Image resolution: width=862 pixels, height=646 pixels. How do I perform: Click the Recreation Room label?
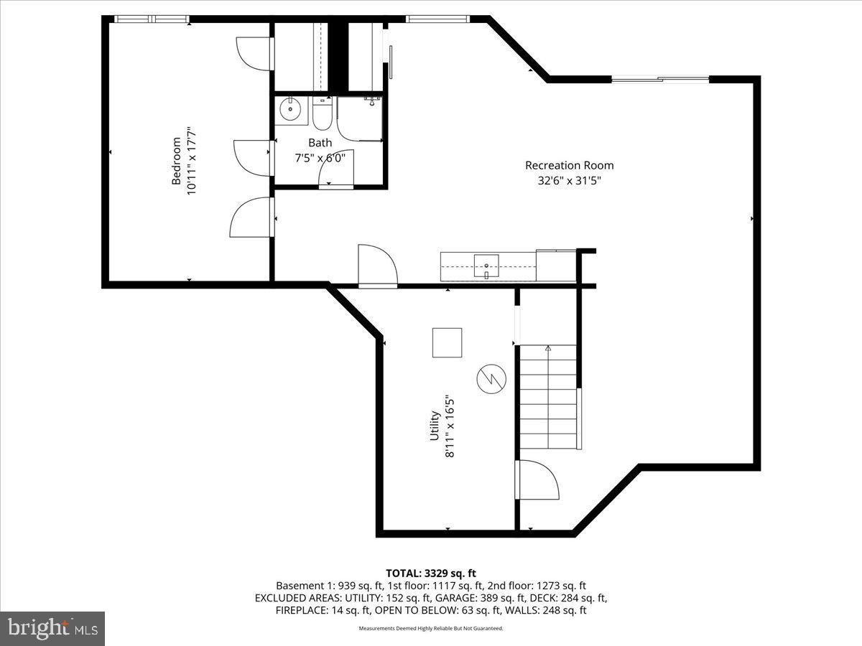[x=569, y=165]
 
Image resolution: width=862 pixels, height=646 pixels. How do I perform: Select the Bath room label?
[x=320, y=143]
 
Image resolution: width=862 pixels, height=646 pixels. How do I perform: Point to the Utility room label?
[x=435, y=425]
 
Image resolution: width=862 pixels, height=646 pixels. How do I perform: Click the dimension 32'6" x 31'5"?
[x=569, y=181]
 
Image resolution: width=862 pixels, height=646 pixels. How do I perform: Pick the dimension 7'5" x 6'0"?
[x=320, y=158]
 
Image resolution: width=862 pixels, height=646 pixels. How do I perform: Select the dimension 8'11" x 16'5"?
[x=450, y=425]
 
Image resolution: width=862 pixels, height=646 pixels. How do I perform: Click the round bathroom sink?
[x=290, y=111]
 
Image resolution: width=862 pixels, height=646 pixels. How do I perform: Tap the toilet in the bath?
[x=322, y=115]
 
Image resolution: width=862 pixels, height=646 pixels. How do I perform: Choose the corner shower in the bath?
[x=359, y=118]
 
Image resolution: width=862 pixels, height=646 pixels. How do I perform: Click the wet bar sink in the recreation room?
[x=486, y=266]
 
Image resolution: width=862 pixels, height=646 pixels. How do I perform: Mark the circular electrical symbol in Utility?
[x=491, y=378]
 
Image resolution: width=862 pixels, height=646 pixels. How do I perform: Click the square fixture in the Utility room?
[x=447, y=342]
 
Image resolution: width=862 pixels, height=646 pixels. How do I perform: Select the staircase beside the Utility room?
[x=548, y=397]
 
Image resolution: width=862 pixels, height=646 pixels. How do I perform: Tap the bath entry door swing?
[x=335, y=173]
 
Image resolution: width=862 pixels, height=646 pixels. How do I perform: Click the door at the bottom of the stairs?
[x=537, y=479]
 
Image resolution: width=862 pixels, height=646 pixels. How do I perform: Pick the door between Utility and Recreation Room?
[x=378, y=266]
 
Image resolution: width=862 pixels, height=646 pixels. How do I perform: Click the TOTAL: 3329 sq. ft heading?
[x=431, y=573]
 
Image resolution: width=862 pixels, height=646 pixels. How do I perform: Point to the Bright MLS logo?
[x=52, y=629]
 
